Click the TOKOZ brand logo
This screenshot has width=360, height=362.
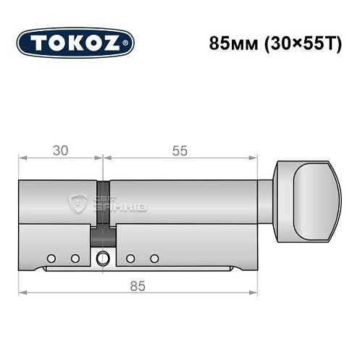tap(75, 41)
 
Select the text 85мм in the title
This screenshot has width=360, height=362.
tap(225, 41)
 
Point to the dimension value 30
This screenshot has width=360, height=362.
tap(61, 151)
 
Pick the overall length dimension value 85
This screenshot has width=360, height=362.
tap(138, 285)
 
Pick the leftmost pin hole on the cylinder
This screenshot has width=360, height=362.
tap(51, 258)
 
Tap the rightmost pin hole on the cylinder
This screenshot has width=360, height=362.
tap(154, 258)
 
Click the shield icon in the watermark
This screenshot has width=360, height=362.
tap(77, 204)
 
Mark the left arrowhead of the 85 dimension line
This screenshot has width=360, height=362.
tap(22, 292)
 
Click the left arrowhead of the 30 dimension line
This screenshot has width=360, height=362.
tap(22, 158)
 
